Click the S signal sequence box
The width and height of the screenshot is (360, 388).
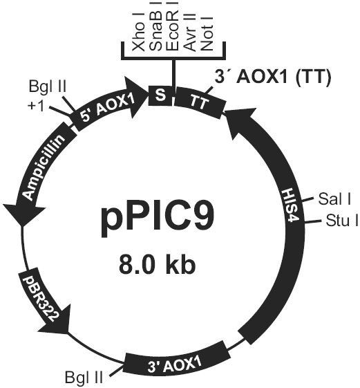160,95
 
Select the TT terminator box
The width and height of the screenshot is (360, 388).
200,102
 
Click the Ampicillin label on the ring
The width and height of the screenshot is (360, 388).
44,167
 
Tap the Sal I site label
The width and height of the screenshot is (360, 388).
334,199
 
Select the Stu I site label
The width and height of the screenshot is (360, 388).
342,221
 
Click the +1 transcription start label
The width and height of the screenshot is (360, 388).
36,107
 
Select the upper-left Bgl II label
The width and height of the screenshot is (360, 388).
48,87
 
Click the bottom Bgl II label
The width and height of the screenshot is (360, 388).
84,378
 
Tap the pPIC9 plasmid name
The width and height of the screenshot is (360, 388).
158,221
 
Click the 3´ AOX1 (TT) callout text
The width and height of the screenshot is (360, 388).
272,77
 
